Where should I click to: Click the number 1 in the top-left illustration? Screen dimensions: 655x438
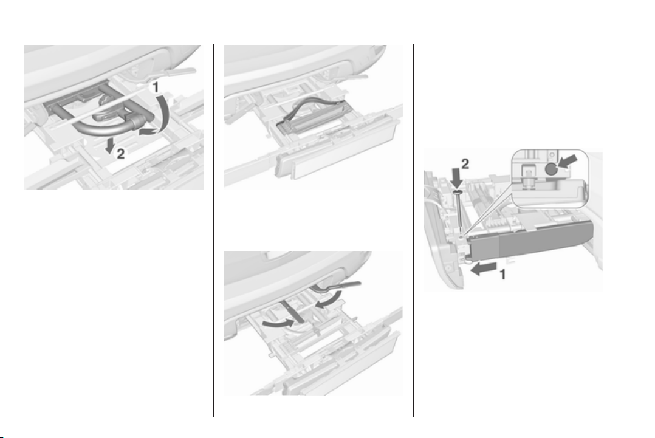click(154, 87)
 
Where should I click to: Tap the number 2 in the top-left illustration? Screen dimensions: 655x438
click(120, 154)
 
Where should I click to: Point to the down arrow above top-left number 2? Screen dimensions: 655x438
click(111, 146)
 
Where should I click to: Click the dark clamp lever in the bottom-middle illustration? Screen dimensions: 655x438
click(338, 285)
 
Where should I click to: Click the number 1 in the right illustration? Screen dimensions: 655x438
click(503, 275)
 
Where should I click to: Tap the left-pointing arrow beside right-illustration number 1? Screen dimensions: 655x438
click(483, 269)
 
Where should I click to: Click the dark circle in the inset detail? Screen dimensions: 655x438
click(551, 169)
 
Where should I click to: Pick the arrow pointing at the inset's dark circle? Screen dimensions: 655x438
click(568, 162)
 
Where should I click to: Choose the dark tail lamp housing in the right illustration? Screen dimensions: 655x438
click(530, 242)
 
